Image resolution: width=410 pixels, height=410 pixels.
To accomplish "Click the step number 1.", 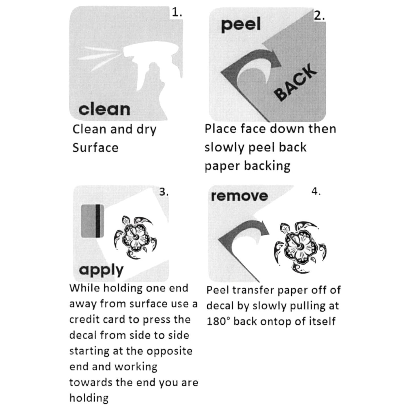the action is coord(176,13).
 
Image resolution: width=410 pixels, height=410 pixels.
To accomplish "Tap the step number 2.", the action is coord(319,16).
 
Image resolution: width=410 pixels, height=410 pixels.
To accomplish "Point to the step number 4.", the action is coord(316,192).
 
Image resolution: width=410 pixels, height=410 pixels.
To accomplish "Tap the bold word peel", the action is coord(241,25).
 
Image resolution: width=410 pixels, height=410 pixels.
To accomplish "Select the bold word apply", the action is coord(101,270).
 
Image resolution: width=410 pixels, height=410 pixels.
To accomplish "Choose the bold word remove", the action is coord(239,196).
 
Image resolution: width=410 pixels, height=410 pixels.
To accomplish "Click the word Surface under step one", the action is coord(95,148).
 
